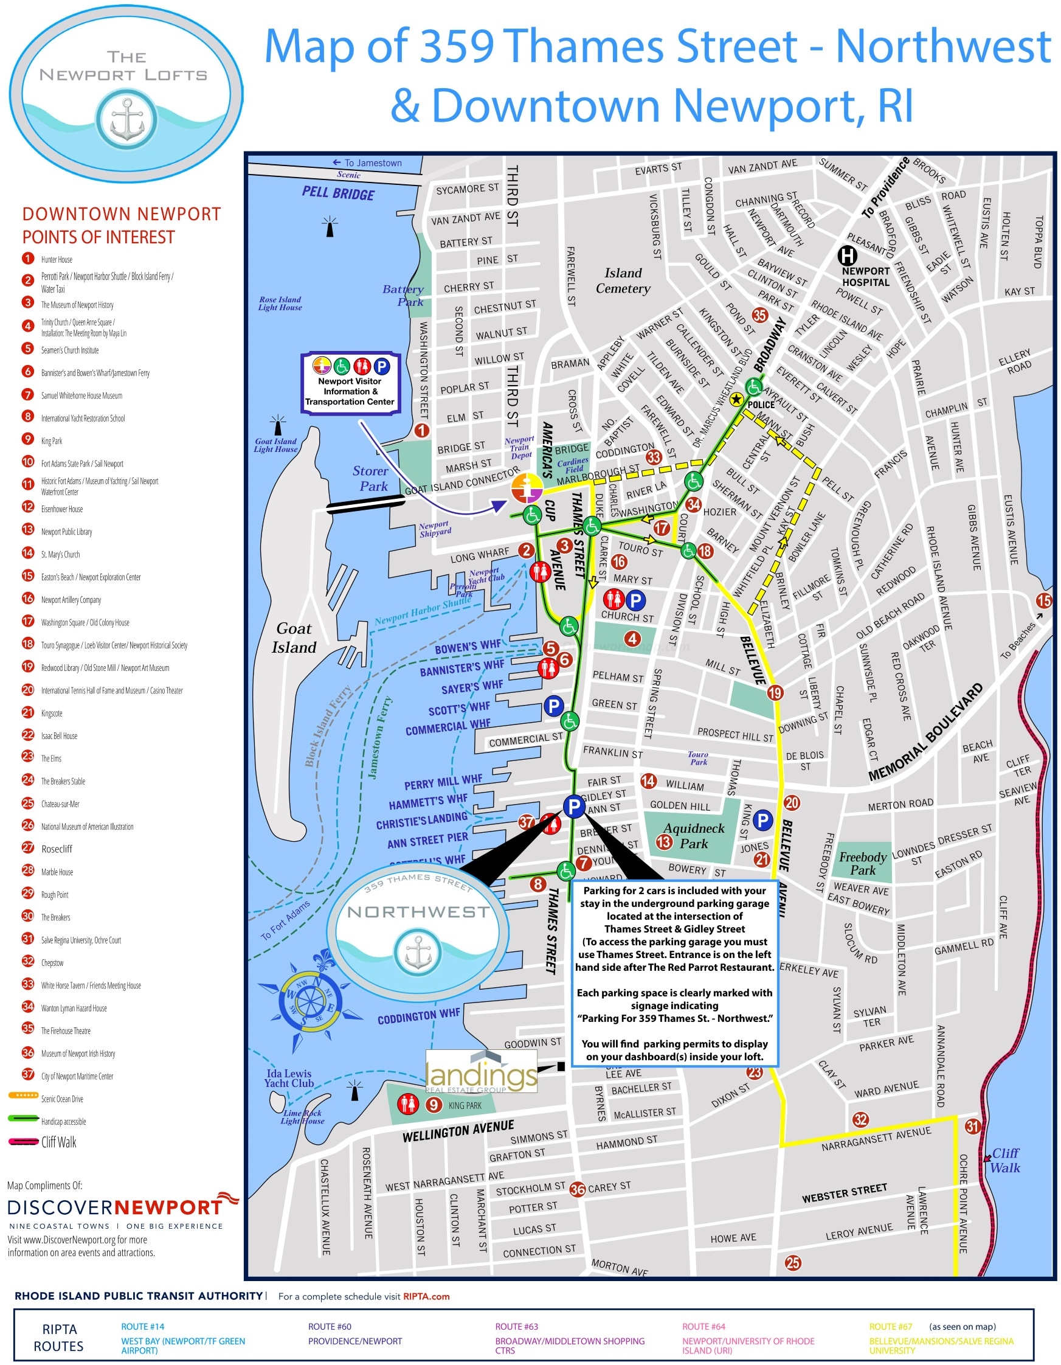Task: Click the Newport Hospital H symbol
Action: pyautogui.click(x=847, y=255)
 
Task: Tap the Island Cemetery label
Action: pyautogui.click(x=623, y=280)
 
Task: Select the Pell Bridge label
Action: pyautogui.click(x=338, y=193)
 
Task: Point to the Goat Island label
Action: pyautogui.click(x=294, y=637)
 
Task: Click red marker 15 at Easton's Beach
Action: pyautogui.click(x=1044, y=600)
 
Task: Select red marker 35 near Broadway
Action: pyautogui.click(x=760, y=316)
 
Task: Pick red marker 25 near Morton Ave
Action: pyautogui.click(x=793, y=1262)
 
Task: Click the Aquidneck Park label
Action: pyautogui.click(x=694, y=836)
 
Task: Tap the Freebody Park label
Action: pyautogui.click(x=862, y=863)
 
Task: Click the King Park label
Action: pyautogui.click(x=465, y=1106)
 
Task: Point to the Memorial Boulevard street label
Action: pyautogui.click(x=925, y=732)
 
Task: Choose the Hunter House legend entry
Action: pyautogui.click(x=56, y=259)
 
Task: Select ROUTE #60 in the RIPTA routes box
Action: pyautogui.click(x=330, y=1326)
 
